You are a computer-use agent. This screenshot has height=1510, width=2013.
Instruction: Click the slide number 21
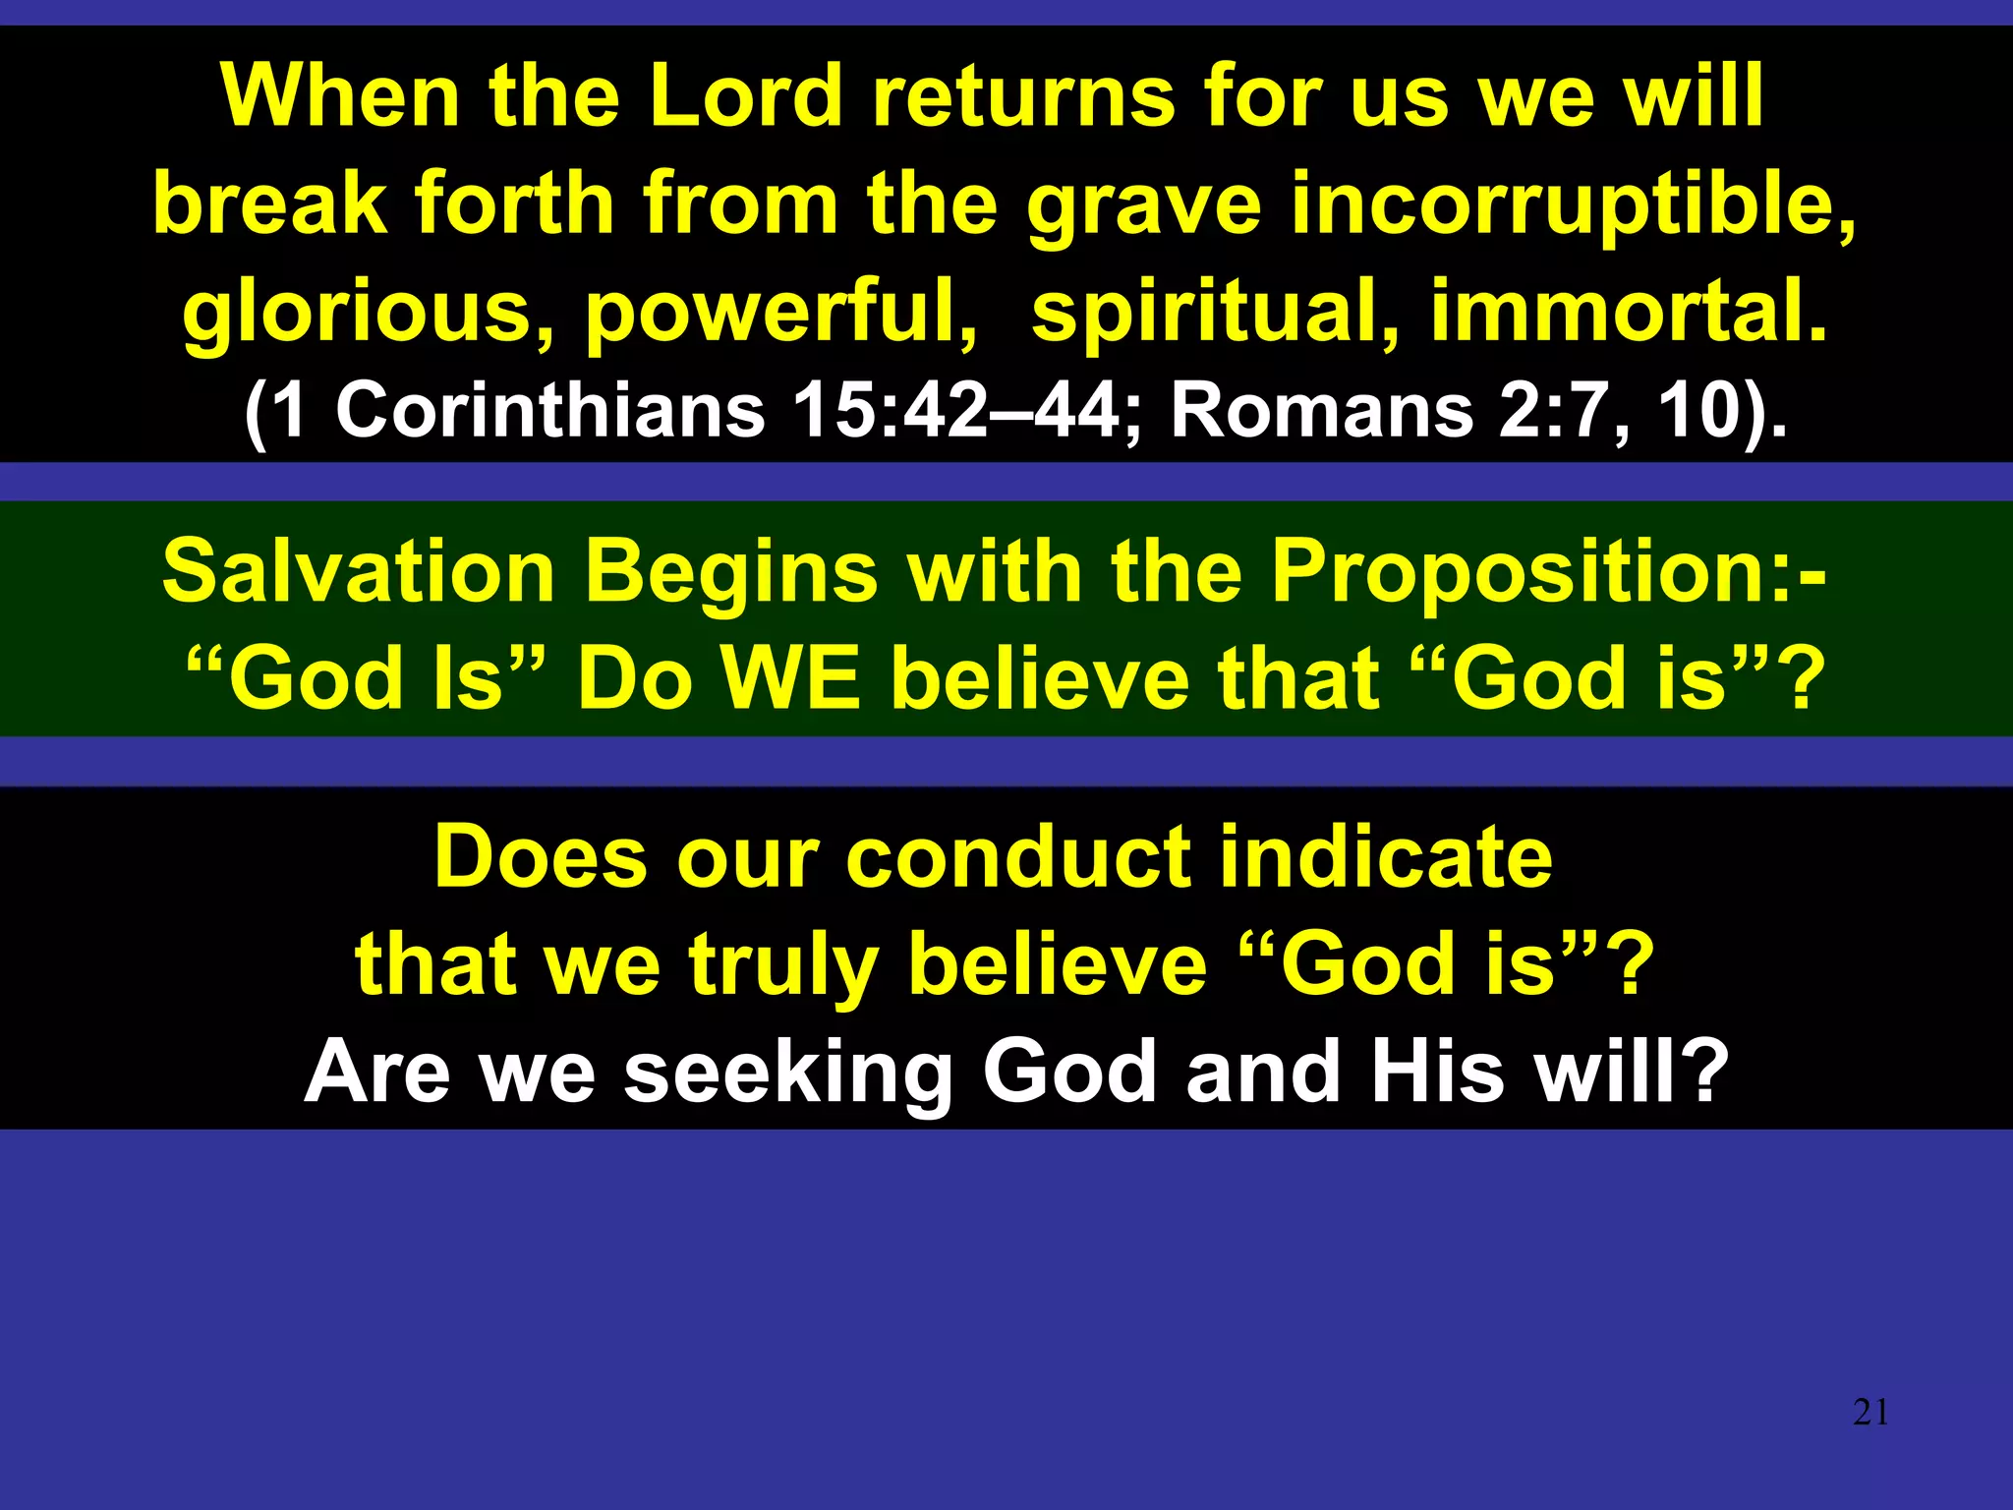pos(1869,1413)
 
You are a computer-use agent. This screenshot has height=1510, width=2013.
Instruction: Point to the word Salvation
pos(359,572)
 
